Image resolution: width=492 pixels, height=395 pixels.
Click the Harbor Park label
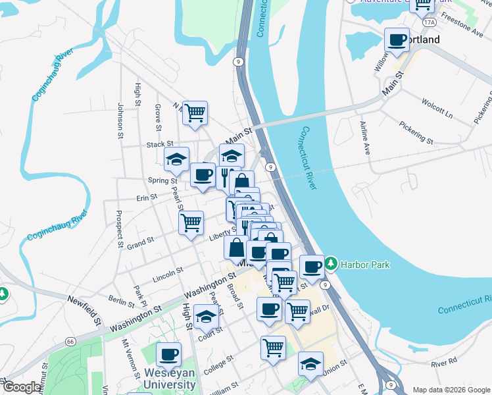[x=366, y=265]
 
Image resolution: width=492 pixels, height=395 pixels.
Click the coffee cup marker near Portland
[x=397, y=39]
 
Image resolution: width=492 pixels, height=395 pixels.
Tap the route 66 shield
[x=70, y=341]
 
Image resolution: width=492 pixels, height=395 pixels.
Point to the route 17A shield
[x=430, y=22]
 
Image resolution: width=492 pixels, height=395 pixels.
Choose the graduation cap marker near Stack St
[x=176, y=159]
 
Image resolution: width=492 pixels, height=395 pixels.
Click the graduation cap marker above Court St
[x=207, y=316]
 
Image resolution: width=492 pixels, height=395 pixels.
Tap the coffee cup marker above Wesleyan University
[x=168, y=354]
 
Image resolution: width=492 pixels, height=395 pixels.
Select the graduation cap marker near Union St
[x=310, y=363]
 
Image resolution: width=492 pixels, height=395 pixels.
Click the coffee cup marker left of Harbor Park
[x=312, y=267]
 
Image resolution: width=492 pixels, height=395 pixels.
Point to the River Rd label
[x=444, y=362]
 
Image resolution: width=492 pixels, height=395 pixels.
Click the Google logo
[x=21, y=387]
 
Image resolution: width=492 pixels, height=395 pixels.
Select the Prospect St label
[x=119, y=228]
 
